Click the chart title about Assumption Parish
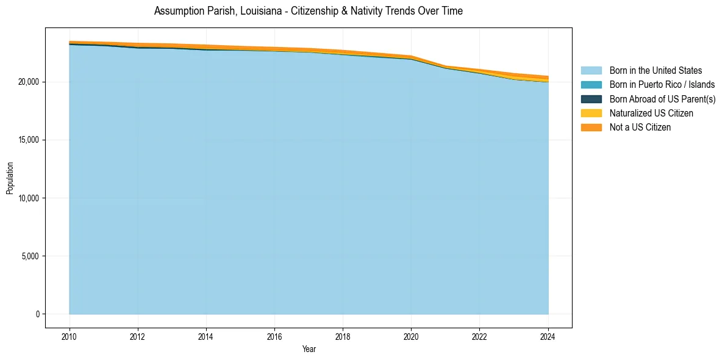[308, 11]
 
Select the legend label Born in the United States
[655, 71]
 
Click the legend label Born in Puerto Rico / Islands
[662, 85]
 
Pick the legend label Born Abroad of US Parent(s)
[662, 99]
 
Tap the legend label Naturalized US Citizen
[651, 113]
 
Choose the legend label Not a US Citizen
[640, 128]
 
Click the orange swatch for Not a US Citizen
[591, 128]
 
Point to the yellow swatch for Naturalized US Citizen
[591, 113]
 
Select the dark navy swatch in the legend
[591, 99]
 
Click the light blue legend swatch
[591, 71]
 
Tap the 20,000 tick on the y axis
[29, 82]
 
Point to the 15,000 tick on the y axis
[29, 140]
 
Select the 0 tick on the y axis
[37, 314]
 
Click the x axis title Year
[309, 349]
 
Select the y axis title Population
[10, 178]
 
